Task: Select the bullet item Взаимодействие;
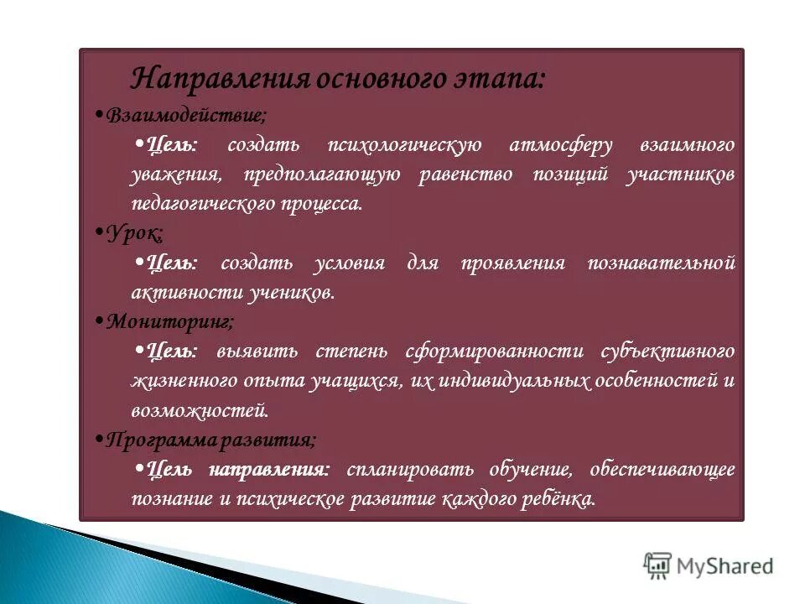187,115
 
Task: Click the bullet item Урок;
135,233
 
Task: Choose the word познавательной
662,263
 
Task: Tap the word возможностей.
200,410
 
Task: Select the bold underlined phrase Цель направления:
238,468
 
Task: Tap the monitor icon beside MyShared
658,565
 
